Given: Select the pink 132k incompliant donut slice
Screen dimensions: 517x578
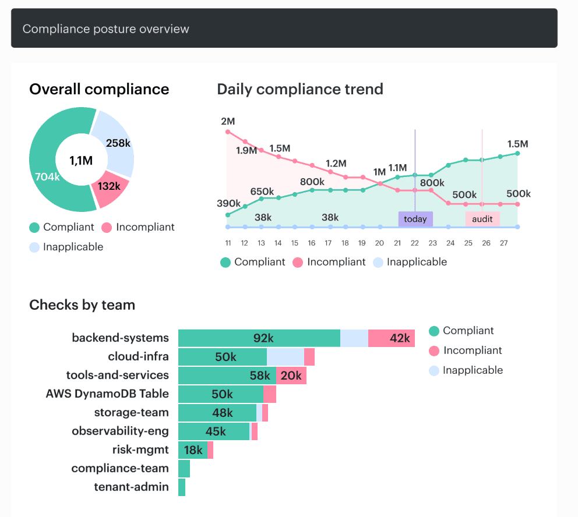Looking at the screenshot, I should point(109,187).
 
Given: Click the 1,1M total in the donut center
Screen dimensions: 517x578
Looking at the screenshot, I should point(82,161).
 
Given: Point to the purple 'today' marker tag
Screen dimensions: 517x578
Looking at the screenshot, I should point(415,219).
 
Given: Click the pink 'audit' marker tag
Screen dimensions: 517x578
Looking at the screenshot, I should point(482,219).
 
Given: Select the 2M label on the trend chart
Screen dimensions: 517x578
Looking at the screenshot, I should point(228,121).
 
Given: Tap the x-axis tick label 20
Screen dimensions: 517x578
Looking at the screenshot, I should point(379,243).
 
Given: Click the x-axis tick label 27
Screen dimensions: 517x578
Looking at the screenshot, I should point(503,243).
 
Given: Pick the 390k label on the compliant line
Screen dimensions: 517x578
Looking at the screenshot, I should point(229,203).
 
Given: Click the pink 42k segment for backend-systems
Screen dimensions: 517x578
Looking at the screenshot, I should point(392,338).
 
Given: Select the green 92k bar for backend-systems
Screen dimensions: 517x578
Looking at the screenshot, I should point(259,338).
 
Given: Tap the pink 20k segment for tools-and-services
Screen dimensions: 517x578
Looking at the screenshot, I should point(291,376).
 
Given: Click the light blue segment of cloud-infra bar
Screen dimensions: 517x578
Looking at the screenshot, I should point(285,357).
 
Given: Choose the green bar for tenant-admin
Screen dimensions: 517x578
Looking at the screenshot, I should point(182,487).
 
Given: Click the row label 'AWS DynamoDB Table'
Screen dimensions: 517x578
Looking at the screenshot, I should point(107,394).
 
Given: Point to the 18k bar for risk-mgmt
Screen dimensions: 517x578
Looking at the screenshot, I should point(192,450).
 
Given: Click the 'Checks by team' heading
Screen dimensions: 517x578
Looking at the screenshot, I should point(82,304).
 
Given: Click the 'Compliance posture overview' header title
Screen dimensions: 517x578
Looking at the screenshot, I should point(105,29).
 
